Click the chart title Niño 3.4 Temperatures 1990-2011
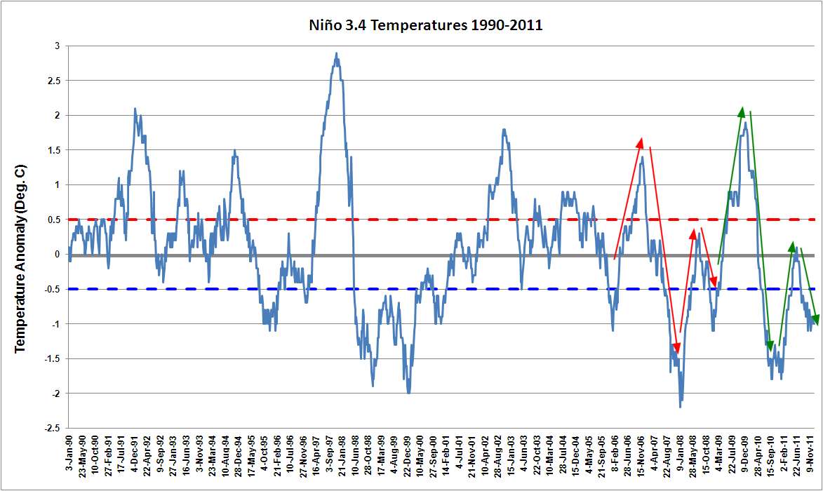coord(426,25)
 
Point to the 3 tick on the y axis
coord(56,46)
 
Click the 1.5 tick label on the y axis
coord(53,150)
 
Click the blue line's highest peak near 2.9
coord(337,53)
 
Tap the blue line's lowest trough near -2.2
coord(681,406)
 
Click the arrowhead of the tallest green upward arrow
coord(742,111)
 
